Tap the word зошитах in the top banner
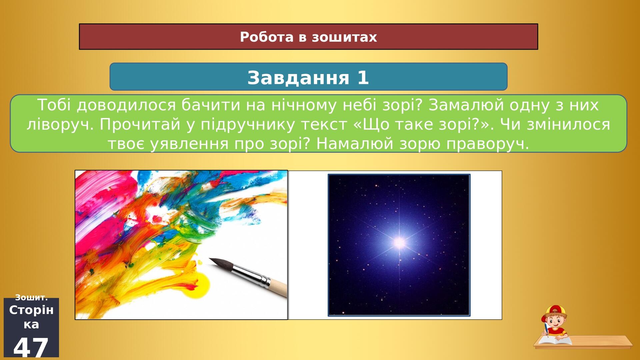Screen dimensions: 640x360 click(x=344, y=37)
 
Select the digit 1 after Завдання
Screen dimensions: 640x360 click(x=363, y=78)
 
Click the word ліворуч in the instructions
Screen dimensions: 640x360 click(x=60, y=124)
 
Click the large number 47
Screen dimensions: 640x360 click(x=31, y=347)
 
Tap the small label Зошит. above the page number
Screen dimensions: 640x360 click(x=31, y=297)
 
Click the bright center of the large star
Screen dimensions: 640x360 click(x=399, y=242)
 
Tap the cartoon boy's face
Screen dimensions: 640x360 click(x=554, y=321)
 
